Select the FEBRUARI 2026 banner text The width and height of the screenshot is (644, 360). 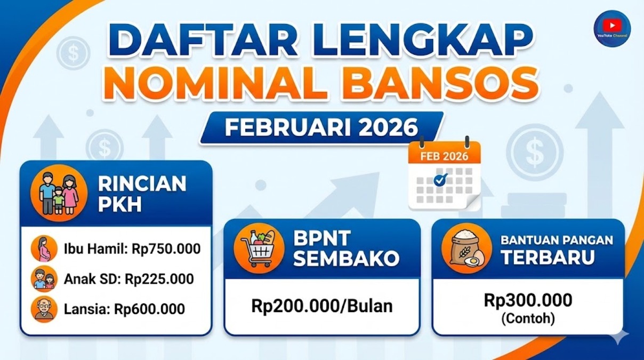[321, 127]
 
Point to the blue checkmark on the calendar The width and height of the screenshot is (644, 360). [440, 180]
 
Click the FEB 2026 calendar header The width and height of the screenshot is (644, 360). [444, 156]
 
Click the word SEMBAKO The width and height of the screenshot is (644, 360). [346, 259]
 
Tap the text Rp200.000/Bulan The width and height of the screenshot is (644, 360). [322, 306]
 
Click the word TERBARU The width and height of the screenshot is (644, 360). [548, 258]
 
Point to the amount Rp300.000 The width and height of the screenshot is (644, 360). [528, 300]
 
